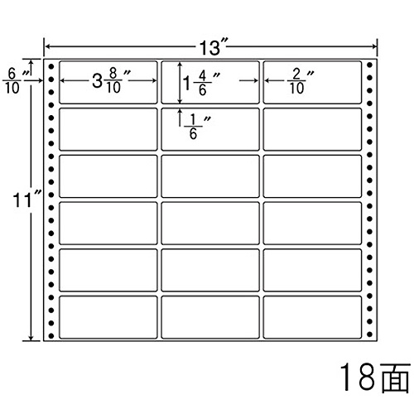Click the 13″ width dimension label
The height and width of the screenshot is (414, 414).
pos(214,47)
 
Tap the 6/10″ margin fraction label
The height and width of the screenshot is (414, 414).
pos(16,81)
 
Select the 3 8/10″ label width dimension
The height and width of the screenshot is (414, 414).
pos(111,80)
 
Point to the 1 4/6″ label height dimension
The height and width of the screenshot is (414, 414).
pos(201,83)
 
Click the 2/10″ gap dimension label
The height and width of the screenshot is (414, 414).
pos(301,81)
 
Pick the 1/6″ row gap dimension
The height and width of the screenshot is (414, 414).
pos(197,127)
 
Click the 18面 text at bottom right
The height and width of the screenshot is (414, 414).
pos(375,377)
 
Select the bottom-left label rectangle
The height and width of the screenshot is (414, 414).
pos(108,317)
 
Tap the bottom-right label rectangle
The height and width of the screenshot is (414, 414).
pos(312,317)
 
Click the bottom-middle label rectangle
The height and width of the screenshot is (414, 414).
pos(210,317)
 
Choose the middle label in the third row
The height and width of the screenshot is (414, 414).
pos(210,176)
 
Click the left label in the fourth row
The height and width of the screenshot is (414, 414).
pos(108,224)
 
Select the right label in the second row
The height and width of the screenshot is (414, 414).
pos(312,129)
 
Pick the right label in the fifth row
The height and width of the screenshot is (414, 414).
pos(312,270)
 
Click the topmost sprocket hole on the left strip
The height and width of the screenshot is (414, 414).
pos(51,66)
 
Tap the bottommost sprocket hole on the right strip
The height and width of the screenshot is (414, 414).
pos(370,335)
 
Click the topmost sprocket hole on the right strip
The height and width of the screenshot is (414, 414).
pos(370,65)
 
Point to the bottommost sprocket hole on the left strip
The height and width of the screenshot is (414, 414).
pos(51,335)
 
